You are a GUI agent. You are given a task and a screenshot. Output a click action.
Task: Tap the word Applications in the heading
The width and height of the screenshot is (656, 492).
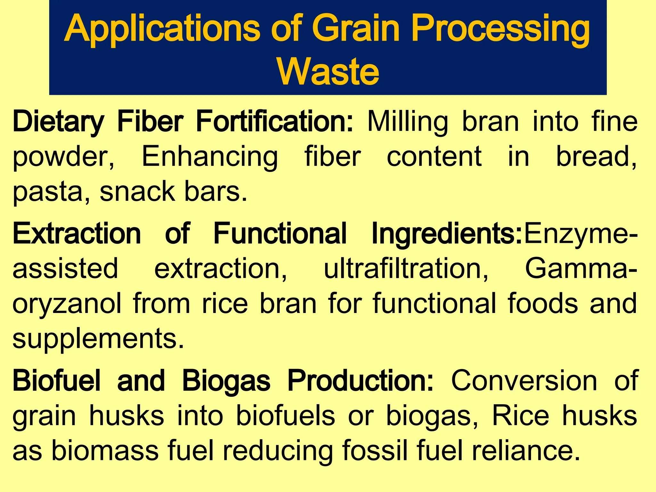tap(162, 29)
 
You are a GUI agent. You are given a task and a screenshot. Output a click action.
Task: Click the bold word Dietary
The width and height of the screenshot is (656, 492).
tap(58, 122)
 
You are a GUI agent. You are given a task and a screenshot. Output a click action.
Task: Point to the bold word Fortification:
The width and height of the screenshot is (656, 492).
tap(274, 122)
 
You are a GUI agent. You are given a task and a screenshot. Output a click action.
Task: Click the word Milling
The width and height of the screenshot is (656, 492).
tap(407, 122)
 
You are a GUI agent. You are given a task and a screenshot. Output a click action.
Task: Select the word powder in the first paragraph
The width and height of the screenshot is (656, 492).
tap(63, 157)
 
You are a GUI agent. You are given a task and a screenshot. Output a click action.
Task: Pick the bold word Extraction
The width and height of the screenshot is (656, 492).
tap(77, 234)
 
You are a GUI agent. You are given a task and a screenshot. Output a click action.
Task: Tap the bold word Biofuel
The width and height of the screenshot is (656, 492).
tap(56, 381)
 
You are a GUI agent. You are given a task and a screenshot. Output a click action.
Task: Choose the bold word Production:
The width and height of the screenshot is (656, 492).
tap(360, 381)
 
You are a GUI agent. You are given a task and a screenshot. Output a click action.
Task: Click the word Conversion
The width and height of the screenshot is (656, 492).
tap(524, 381)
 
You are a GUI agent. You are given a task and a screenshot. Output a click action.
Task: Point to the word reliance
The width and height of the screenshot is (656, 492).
tap(525, 451)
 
